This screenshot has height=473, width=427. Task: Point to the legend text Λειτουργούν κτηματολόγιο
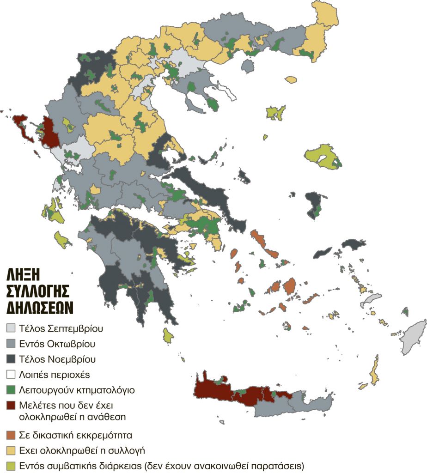point(77,389)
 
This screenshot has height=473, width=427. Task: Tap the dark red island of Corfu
point(21,127)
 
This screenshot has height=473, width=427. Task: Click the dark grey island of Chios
point(314,203)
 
